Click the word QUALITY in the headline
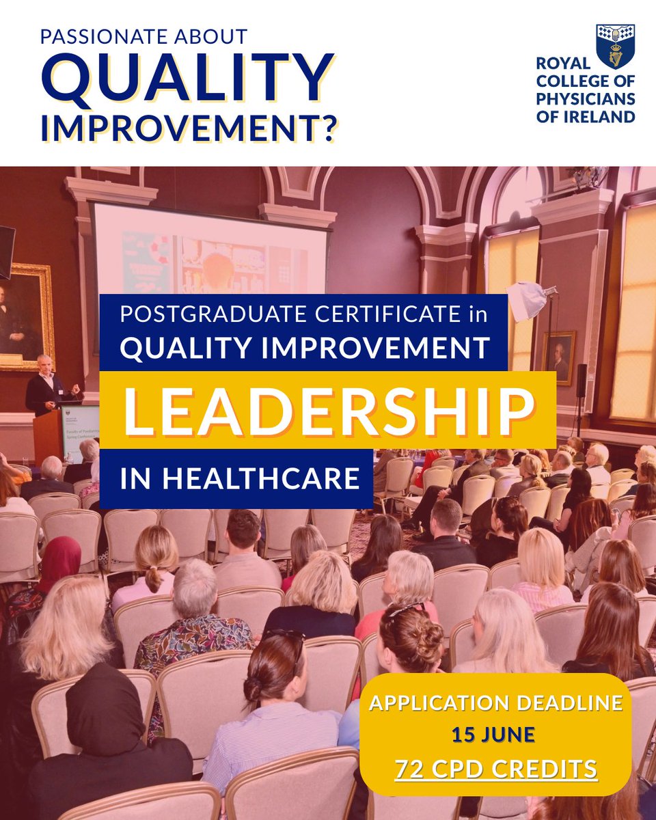pyautogui.click(x=187, y=81)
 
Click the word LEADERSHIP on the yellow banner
pyautogui.click(x=327, y=410)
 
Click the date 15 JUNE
pyautogui.click(x=492, y=735)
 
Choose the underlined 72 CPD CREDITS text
pyautogui.click(x=496, y=769)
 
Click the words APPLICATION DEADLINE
pyautogui.click(x=496, y=702)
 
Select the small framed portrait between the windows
pyautogui.click(x=560, y=357)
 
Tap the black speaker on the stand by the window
pyautogui.click(x=581, y=380)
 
